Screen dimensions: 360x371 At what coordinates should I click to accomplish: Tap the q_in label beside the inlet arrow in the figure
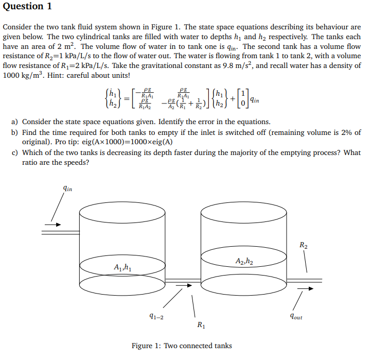(x=67, y=189)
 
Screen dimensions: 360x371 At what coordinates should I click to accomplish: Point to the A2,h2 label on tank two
(x=243, y=261)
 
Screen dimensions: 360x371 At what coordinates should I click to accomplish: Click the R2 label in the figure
(x=304, y=245)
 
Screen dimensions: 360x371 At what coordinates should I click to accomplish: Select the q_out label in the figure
(x=296, y=317)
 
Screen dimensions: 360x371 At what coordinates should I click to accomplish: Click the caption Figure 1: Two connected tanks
(x=182, y=346)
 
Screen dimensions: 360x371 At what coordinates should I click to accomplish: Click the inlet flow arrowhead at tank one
(x=58, y=225)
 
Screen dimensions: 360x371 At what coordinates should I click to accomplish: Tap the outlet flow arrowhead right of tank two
(x=310, y=288)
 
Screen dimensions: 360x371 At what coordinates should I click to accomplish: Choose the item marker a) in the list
(x=15, y=122)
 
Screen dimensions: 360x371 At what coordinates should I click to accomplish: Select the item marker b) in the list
(x=15, y=132)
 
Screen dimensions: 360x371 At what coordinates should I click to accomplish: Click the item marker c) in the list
(x=15, y=152)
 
